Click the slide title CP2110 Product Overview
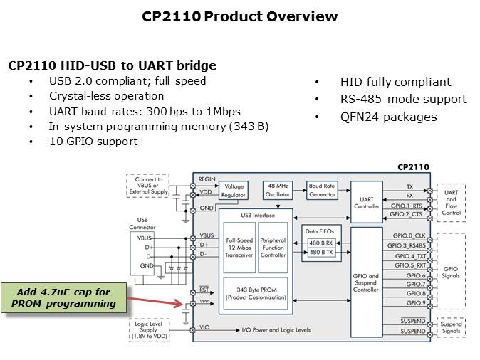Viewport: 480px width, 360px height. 239,16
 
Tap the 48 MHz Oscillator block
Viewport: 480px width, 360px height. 277,190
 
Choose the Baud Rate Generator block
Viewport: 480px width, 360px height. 320,190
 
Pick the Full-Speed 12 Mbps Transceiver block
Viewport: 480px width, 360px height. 239,246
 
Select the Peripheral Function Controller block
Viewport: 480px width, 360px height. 271,246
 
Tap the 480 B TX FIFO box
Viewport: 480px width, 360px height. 320,253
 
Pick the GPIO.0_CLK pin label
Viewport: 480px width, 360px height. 407,235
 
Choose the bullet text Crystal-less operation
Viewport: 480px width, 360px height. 106,95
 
